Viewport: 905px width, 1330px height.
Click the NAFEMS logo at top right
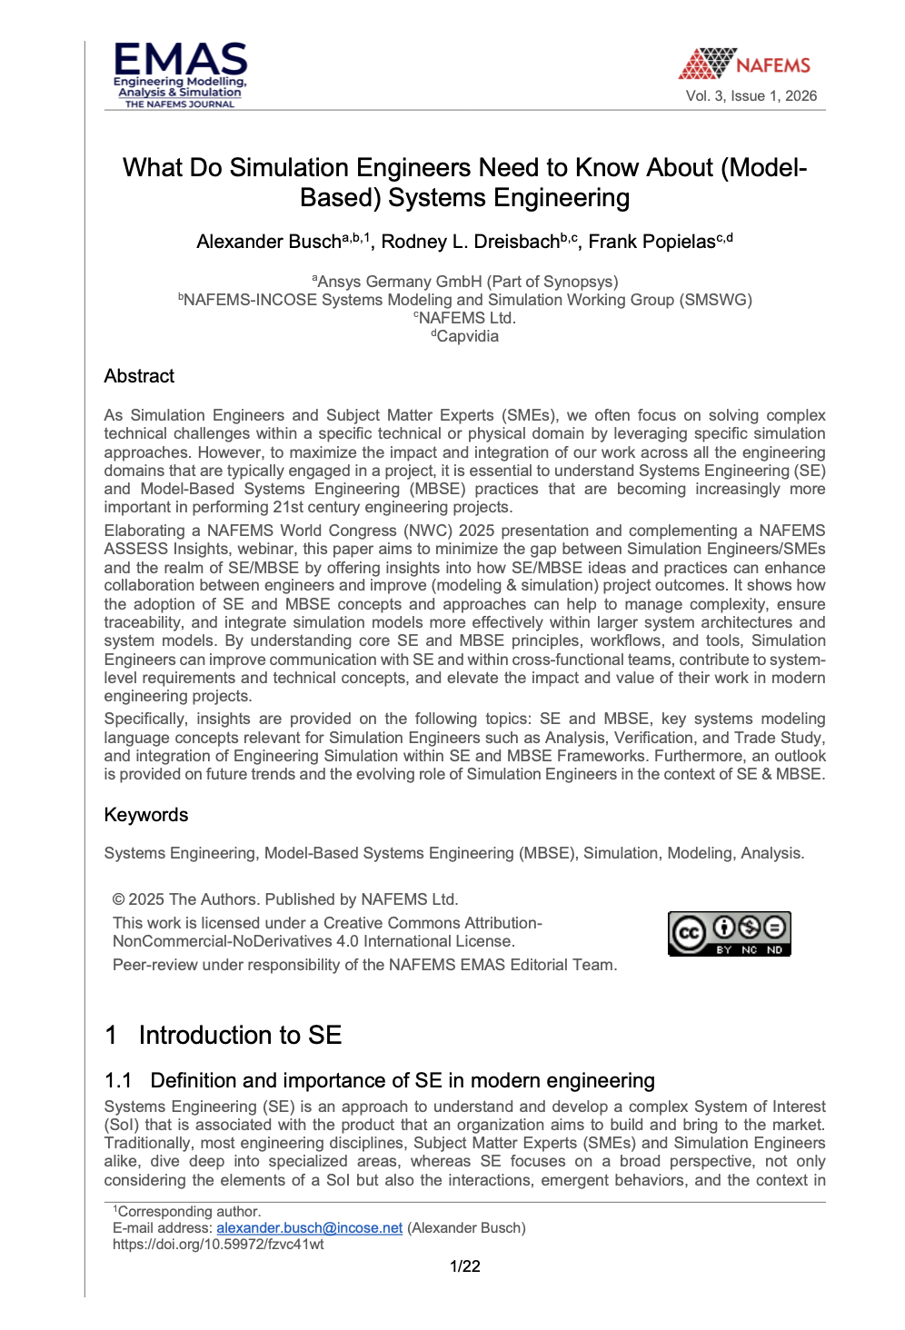coord(745,64)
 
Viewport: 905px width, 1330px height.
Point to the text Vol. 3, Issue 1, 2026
coord(751,96)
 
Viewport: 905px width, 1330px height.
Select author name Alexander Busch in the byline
coord(269,242)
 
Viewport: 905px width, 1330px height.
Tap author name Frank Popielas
coord(651,242)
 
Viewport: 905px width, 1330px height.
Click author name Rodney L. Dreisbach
coord(470,242)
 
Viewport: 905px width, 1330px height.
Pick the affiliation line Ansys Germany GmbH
coord(466,282)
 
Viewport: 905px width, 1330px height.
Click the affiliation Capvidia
coord(466,336)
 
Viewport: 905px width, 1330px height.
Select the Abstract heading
coord(139,376)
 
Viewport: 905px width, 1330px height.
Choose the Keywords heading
coord(146,815)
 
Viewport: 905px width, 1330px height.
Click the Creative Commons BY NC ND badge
coord(730,933)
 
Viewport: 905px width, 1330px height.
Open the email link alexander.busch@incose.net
coord(309,1228)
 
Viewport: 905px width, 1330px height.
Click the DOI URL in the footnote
coord(218,1245)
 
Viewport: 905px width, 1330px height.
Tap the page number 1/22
coord(465,1266)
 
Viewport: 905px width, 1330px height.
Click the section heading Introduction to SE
coord(240,1036)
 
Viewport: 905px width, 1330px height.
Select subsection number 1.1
coord(118,1080)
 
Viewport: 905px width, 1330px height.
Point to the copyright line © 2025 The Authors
coord(285,899)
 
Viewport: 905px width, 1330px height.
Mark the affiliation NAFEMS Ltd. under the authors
coord(466,318)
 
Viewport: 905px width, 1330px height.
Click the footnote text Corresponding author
coord(189,1212)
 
